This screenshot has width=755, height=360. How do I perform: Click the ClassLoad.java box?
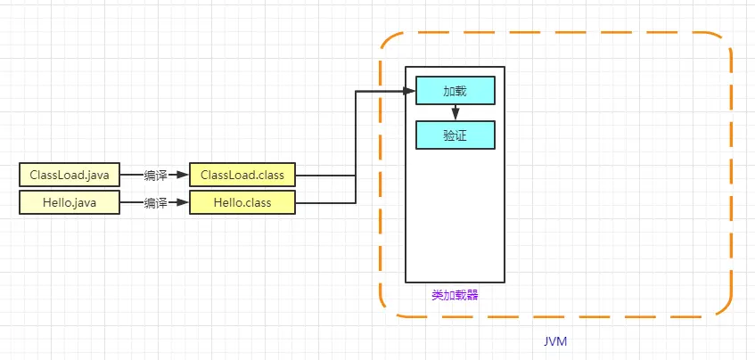[x=69, y=175]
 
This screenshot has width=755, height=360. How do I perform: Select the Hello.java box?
[x=69, y=203]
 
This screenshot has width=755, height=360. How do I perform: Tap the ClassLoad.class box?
[x=242, y=175]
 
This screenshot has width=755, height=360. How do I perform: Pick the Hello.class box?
[x=242, y=203]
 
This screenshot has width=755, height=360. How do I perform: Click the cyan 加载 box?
[x=455, y=91]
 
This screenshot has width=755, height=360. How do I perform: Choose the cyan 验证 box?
[x=455, y=135]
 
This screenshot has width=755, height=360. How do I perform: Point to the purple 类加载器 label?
[x=455, y=295]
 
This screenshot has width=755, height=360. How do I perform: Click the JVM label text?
[x=555, y=342]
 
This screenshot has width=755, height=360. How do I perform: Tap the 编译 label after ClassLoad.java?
[x=156, y=176]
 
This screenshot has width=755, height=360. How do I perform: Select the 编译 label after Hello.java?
[x=156, y=203]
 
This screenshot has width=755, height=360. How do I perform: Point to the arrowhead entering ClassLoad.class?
[x=184, y=176]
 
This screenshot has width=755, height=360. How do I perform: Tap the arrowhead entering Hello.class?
[x=184, y=203]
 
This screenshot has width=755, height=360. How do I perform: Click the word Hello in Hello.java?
[x=56, y=203]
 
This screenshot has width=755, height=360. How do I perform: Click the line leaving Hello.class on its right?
[x=325, y=203]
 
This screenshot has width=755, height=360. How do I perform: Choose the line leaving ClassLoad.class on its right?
[x=325, y=176]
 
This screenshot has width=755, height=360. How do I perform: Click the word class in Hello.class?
[x=258, y=203]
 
